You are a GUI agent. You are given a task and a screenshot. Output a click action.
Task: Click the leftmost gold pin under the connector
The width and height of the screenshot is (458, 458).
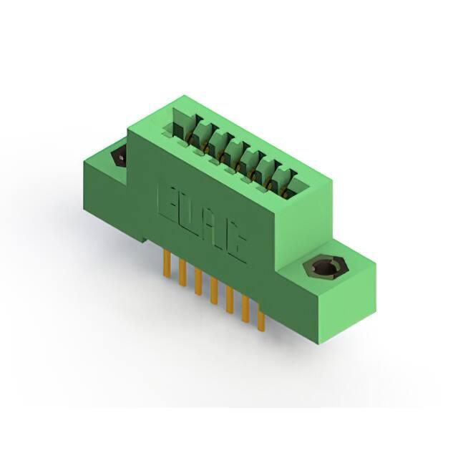click(x=167, y=263)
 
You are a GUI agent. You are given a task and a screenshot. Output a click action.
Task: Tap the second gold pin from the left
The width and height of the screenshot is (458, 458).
click(x=183, y=273)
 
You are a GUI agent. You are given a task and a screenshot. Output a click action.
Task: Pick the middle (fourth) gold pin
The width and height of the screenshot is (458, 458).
click(x=214, y=291)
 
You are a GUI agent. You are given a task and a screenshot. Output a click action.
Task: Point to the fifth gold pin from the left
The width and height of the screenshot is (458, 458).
click(x=230, y=300)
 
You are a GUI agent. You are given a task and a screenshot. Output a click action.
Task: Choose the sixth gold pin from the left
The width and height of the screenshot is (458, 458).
click(x=245, y=310)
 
